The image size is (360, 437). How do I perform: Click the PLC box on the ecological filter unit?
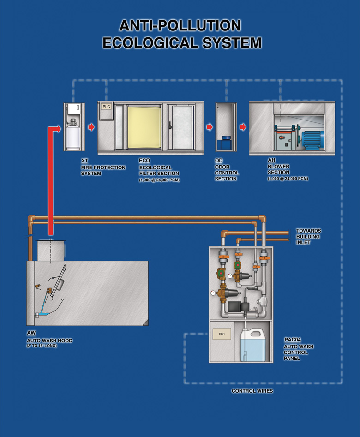point(107,107)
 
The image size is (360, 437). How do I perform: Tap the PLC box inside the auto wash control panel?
point(222,334)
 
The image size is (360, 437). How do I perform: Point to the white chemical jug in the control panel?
point(253,344)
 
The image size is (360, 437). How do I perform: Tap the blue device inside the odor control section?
point(225,142)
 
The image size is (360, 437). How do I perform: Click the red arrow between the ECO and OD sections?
point(210,126)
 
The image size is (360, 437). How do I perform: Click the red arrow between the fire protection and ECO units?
point(91,126)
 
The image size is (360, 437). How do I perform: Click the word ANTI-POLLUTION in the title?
point(180,25)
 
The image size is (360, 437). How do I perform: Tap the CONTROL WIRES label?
point(252,391)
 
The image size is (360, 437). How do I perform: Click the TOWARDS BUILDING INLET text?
point(308,236)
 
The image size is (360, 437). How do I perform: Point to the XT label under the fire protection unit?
point(84,161)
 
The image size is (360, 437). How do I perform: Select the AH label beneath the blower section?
point(271,161)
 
